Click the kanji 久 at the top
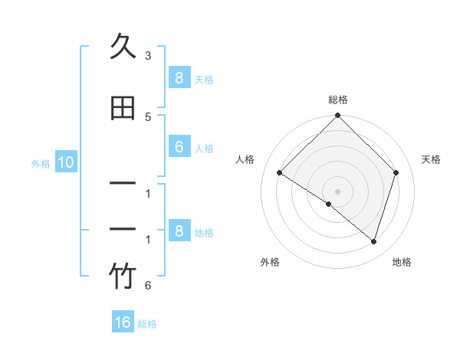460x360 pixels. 123,47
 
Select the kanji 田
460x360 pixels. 123,108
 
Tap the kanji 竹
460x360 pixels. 123,277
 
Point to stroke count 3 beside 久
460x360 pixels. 148,56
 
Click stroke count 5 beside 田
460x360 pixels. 148,116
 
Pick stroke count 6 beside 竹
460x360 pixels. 148,286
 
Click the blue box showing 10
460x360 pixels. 65,162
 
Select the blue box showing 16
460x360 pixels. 123,322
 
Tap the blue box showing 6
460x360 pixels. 179,148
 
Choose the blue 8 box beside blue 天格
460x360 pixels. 179,78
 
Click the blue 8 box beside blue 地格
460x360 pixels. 179,231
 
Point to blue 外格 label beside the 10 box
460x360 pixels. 41,163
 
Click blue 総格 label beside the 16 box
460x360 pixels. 147,324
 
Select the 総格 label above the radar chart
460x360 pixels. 337,100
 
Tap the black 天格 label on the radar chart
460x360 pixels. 431,159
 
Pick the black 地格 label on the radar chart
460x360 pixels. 402,262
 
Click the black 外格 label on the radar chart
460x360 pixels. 270,262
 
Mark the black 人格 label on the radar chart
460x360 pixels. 245,159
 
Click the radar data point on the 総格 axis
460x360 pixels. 337,116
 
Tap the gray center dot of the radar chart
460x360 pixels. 337,191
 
